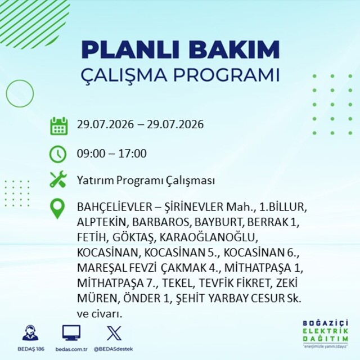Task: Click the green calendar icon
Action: click(x=58, y=126)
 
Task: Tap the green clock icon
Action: click(x=58, y=154)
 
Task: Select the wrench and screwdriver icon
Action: click(x=58, y=179)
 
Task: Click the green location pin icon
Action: click(x=57, y=209)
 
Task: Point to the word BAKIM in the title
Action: click(x=234, y=50)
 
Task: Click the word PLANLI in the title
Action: click(x=130, y=50)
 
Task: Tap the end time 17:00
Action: click(x=133, y=154)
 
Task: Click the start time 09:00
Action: click(x=91, y=154)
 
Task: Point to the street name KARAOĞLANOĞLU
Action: click(x=207, y=237)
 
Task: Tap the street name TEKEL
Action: click(x=177, y=283)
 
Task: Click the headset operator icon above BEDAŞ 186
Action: click(x=30, y=333)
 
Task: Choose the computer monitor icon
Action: click(x=71, y=333)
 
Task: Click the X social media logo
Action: click(x=114, y=333)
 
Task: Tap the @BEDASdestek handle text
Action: click(x=114, y=349)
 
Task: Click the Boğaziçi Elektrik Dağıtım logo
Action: click(x=325, y=334)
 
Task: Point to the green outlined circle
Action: click(x=6, y=93)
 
